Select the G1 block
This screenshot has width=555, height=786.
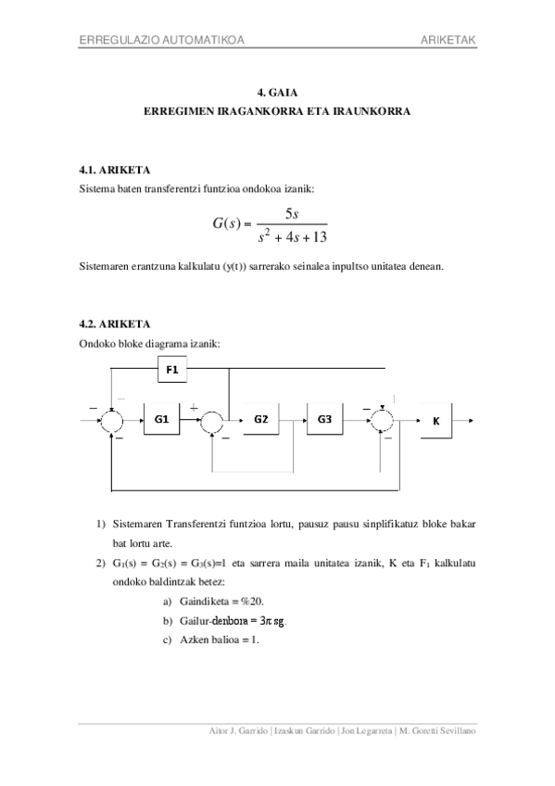coord(161,420)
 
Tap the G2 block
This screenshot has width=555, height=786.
coord(261,419)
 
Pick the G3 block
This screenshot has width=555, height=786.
coord(324,419)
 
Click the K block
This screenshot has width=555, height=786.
coord(435,421)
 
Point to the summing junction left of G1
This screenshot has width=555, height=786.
coord(111,420)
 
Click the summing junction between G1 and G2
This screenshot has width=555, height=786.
coord(212,420)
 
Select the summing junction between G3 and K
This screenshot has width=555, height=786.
coord(381,420)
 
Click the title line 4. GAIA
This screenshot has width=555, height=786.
coord(277,93)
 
